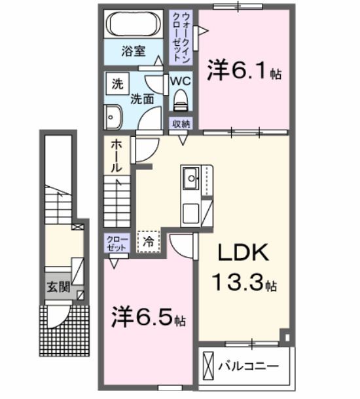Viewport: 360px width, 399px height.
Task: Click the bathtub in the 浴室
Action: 134,25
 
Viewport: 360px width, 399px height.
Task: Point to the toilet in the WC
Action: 181,100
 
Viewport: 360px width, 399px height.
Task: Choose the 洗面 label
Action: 141,100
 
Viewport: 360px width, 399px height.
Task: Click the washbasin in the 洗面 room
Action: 113,118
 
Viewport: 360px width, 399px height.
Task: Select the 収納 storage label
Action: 181,124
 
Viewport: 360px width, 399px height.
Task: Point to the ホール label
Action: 116,155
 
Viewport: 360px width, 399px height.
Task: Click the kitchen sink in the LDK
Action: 192,178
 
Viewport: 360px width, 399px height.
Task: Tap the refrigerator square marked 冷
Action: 149,240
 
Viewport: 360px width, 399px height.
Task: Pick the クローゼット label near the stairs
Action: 115,244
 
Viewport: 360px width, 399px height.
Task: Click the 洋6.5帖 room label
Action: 148,318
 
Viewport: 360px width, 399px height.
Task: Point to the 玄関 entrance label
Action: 56,287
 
